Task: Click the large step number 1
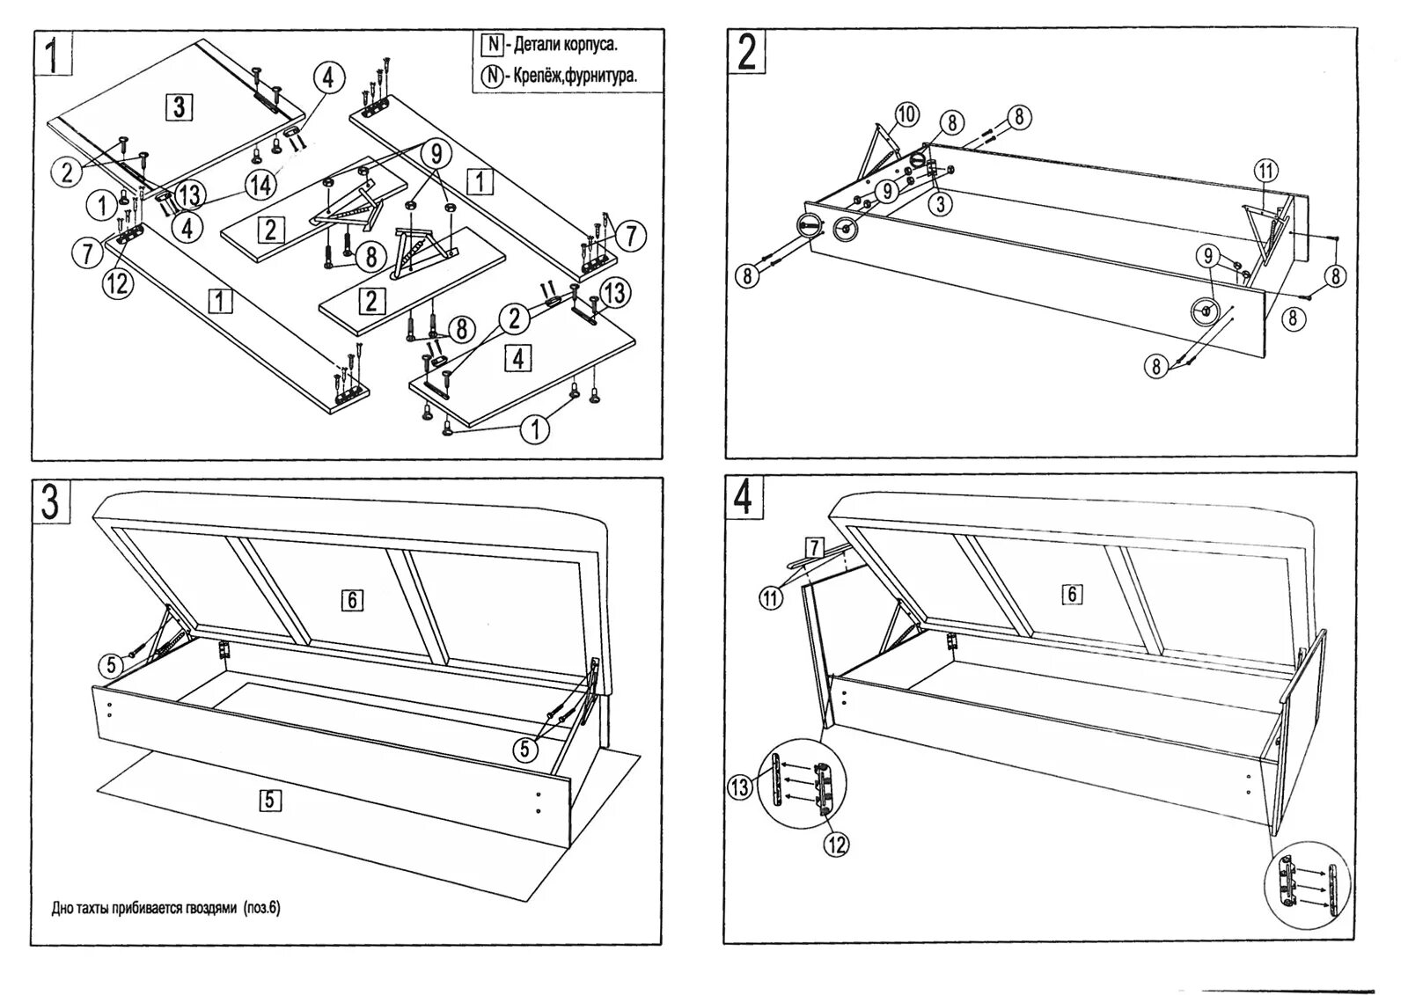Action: tap(54, 54)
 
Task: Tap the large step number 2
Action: tap(745, 53)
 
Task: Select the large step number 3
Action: tap(50, 502)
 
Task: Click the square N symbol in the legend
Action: tap(491, 44)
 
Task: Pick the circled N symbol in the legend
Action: tap(491, 76)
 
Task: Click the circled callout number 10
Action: tap(907, 114)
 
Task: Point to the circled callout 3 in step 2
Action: tap(941, 204)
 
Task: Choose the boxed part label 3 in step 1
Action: tap(179, 107)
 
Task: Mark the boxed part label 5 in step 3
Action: tap(270, 800)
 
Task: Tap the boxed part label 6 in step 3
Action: tap(351, 600)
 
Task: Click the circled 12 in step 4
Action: tap(836, 845)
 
